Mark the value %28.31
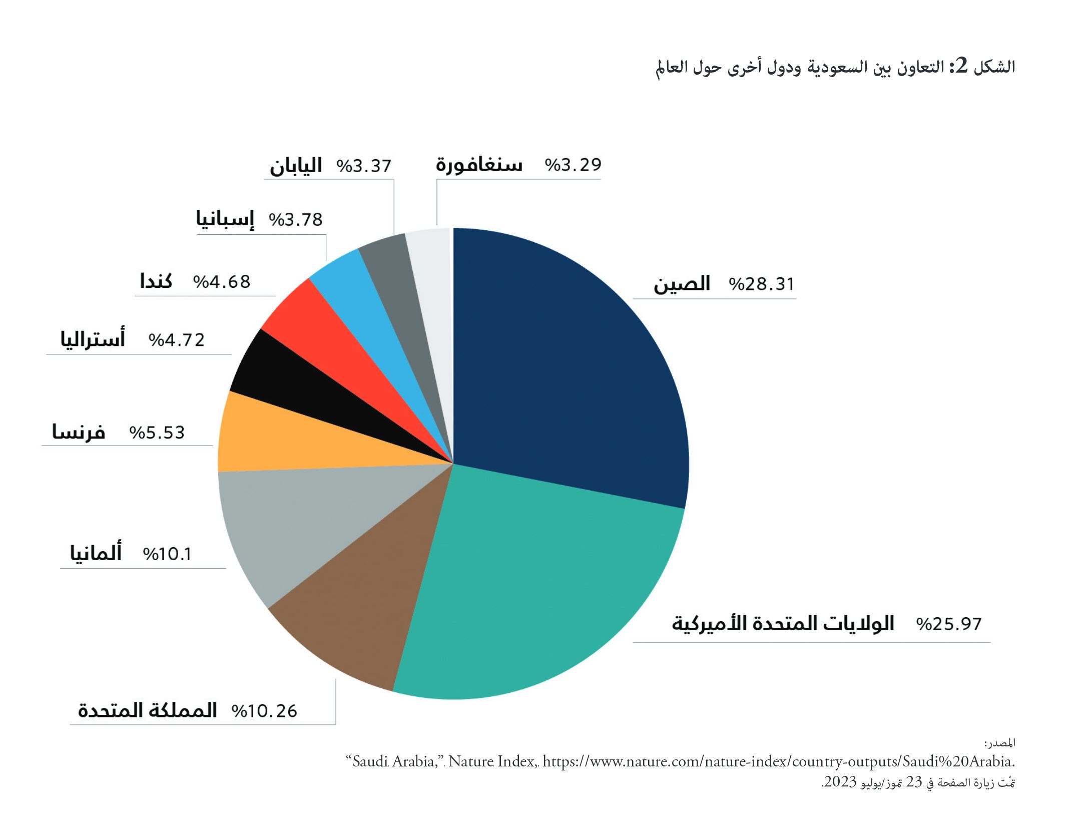761,284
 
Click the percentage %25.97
949,624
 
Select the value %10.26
264,711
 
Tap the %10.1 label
167,554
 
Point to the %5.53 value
157,433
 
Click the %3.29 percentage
573,165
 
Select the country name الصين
682,284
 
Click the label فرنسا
79,432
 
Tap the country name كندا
156,281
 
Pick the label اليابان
295,166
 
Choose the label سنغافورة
478,164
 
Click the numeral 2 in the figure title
961,66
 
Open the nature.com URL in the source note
779,761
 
